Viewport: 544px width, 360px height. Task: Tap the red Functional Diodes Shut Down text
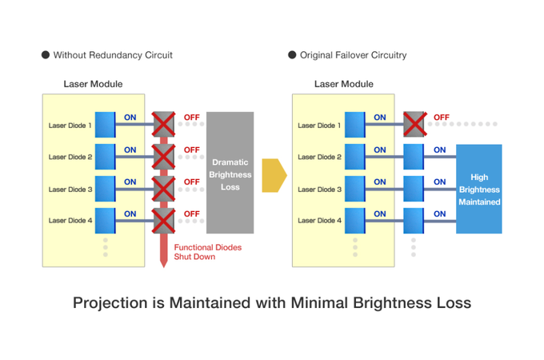click(207, 252)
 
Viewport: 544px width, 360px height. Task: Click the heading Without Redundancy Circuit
click(112, 55)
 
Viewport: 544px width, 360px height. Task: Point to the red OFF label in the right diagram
click(441, 118)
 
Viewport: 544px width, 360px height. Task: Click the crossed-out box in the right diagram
click(414, 124)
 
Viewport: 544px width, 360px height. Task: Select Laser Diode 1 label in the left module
click(70, 125)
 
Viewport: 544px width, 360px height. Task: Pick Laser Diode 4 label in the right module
click(320, 220)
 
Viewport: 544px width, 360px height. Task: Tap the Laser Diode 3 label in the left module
click(70, 189)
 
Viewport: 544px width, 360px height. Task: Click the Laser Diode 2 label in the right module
click(320, 157)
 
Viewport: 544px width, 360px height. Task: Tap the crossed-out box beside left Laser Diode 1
click(164, 124)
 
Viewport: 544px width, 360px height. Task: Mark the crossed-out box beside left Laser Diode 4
click(164, 220)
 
